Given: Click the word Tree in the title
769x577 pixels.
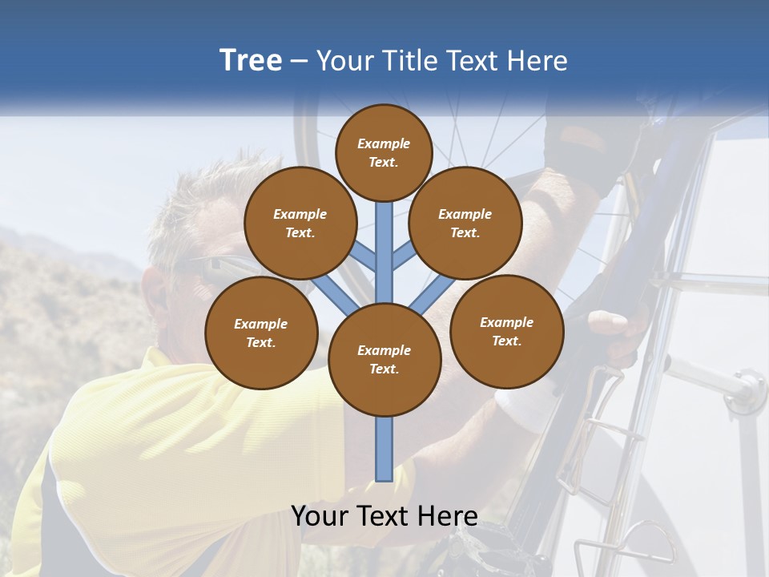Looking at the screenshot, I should pos(251,60).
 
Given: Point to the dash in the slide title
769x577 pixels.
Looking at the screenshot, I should pos(299,62).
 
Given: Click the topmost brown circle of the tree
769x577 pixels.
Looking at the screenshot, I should pos(384,152).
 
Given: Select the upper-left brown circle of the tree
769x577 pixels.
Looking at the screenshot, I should pos(300,223).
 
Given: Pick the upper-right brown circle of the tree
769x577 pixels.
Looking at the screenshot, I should pos(465,223).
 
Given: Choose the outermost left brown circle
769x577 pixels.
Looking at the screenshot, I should pos(261,333).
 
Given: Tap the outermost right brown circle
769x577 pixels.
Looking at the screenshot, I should pos(506,331).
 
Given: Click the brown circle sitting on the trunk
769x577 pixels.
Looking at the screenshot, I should pos(384,359).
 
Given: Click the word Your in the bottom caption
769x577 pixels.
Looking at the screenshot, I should pos(320,516).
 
